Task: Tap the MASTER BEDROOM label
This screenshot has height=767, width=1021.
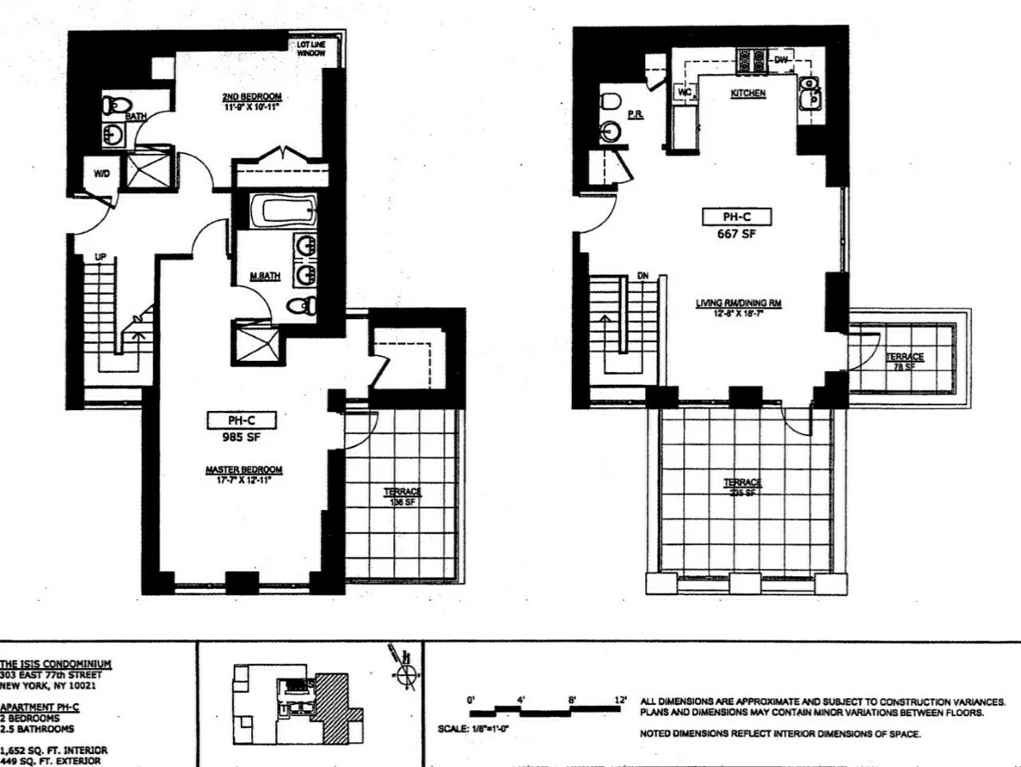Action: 243,470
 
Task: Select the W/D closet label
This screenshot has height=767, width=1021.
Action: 101,173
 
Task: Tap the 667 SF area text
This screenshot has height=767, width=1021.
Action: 737,236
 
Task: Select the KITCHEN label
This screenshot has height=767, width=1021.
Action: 748,93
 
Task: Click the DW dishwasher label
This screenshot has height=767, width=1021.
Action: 781,60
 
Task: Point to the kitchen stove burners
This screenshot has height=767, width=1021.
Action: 751,60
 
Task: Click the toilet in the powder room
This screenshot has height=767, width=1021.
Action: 609,101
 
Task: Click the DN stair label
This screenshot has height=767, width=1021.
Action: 644,276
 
